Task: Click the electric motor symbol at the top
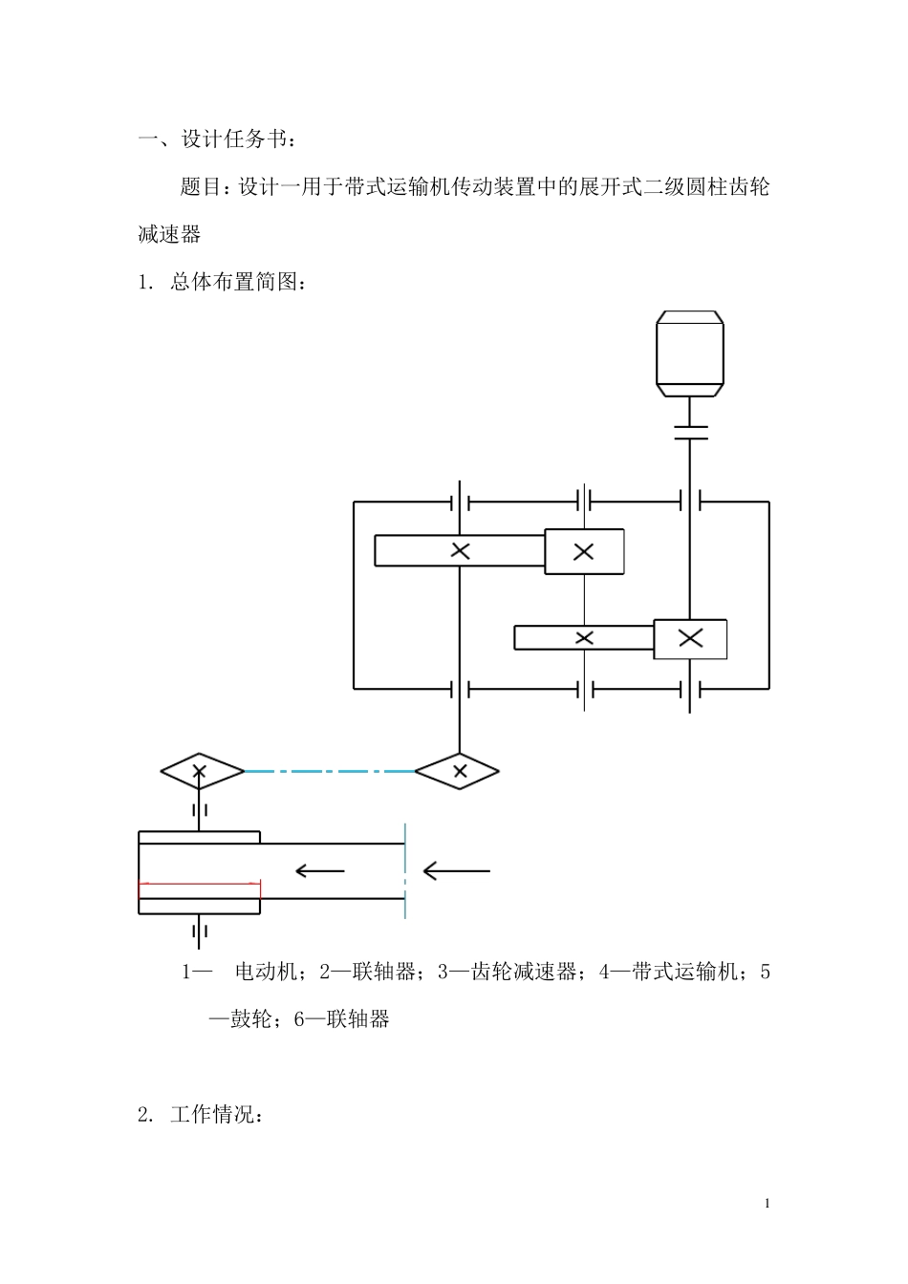(x=689, y=353)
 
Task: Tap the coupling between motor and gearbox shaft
(x=689, y=433)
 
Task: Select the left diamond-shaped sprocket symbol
(x=200, y=770)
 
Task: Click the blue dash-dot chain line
(x=330, y=770)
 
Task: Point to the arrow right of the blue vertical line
(x=457, y=870)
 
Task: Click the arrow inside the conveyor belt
(x=320, y=870)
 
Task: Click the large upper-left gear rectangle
(x=459, y=550)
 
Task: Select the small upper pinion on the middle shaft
(x=584, y=551)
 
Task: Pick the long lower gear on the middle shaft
(x=584, y=637)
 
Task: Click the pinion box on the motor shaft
(x=690, y=638)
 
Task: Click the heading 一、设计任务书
(x=218, y=139)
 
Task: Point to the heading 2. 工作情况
(x=200, y=1114)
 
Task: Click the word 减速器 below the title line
(x=169, y=234)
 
